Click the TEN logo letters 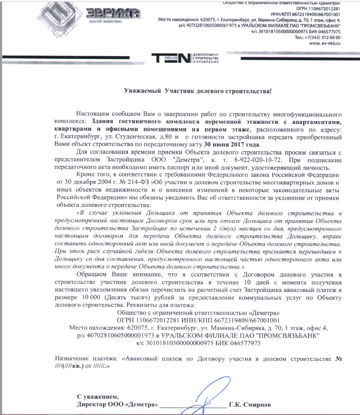point(172,58)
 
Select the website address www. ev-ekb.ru point(324,43)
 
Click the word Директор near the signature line point(93,405)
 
